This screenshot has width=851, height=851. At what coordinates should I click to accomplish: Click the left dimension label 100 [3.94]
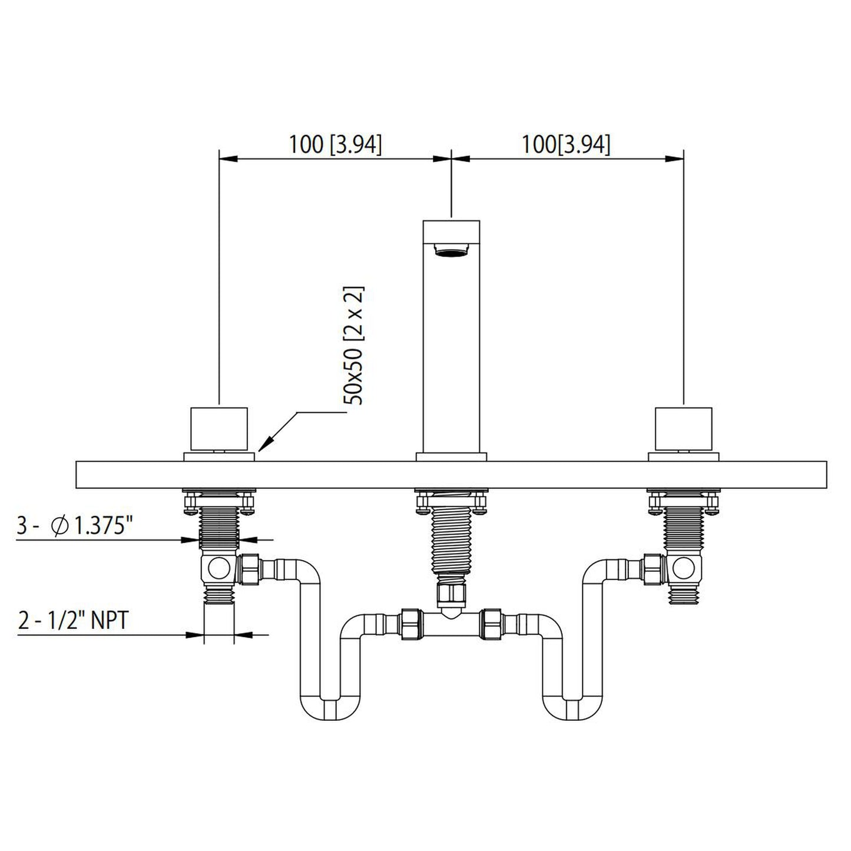335,144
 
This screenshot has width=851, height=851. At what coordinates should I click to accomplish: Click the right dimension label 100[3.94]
566,144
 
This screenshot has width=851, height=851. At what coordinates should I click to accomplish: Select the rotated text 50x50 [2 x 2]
354,345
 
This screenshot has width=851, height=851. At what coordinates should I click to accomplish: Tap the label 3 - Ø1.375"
72,526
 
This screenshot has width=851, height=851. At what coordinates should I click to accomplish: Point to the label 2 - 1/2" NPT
73,621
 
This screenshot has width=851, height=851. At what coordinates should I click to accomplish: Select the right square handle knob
683,428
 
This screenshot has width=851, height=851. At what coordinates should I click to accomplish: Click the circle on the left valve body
219,568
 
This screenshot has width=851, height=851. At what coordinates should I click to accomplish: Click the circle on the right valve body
683,568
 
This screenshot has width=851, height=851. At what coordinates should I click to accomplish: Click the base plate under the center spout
451,456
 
